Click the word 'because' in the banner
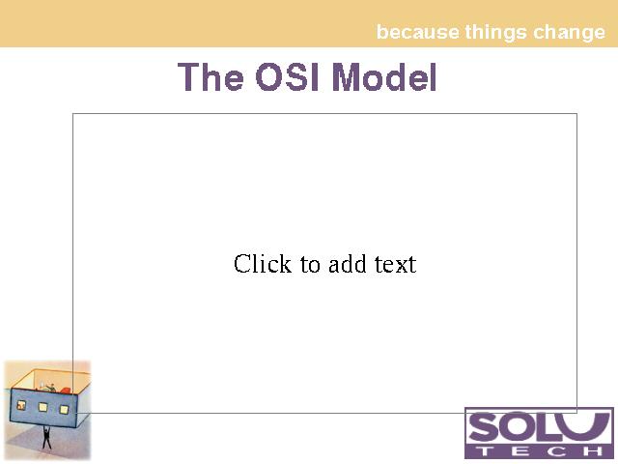click(x=418, y=32)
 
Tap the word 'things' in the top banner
click(x=495, y=33)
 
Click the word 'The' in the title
click(x=211, y=76)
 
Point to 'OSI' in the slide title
click(x=287, y=76)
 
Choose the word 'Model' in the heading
click(x=384, y=76)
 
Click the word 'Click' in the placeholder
click(x=263, y=264)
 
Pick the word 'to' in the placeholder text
click(x=310, y=265)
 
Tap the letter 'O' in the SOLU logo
click(x=519, y=427)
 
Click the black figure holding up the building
click(x=46, y=437)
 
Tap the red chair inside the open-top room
click(x=65, y=391)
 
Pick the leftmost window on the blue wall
click(x=21, y=405)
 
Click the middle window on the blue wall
click(x=42, y=407)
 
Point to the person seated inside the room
click(x=50, y=387)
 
